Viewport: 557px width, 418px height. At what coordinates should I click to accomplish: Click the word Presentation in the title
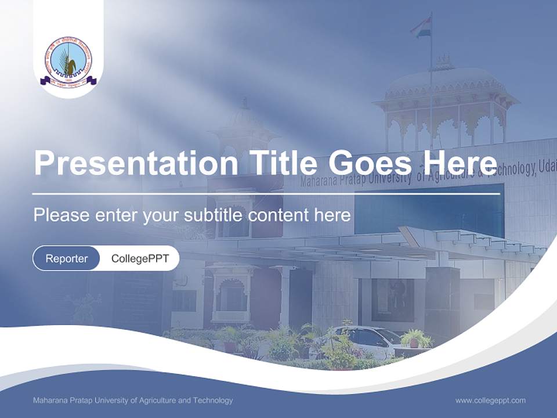135,163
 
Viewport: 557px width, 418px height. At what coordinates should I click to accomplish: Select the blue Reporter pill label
66,258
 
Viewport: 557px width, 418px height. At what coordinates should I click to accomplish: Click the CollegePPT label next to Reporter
140,258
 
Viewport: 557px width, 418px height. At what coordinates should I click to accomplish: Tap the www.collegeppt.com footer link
490,400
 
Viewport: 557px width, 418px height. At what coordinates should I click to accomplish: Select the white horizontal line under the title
266,193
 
